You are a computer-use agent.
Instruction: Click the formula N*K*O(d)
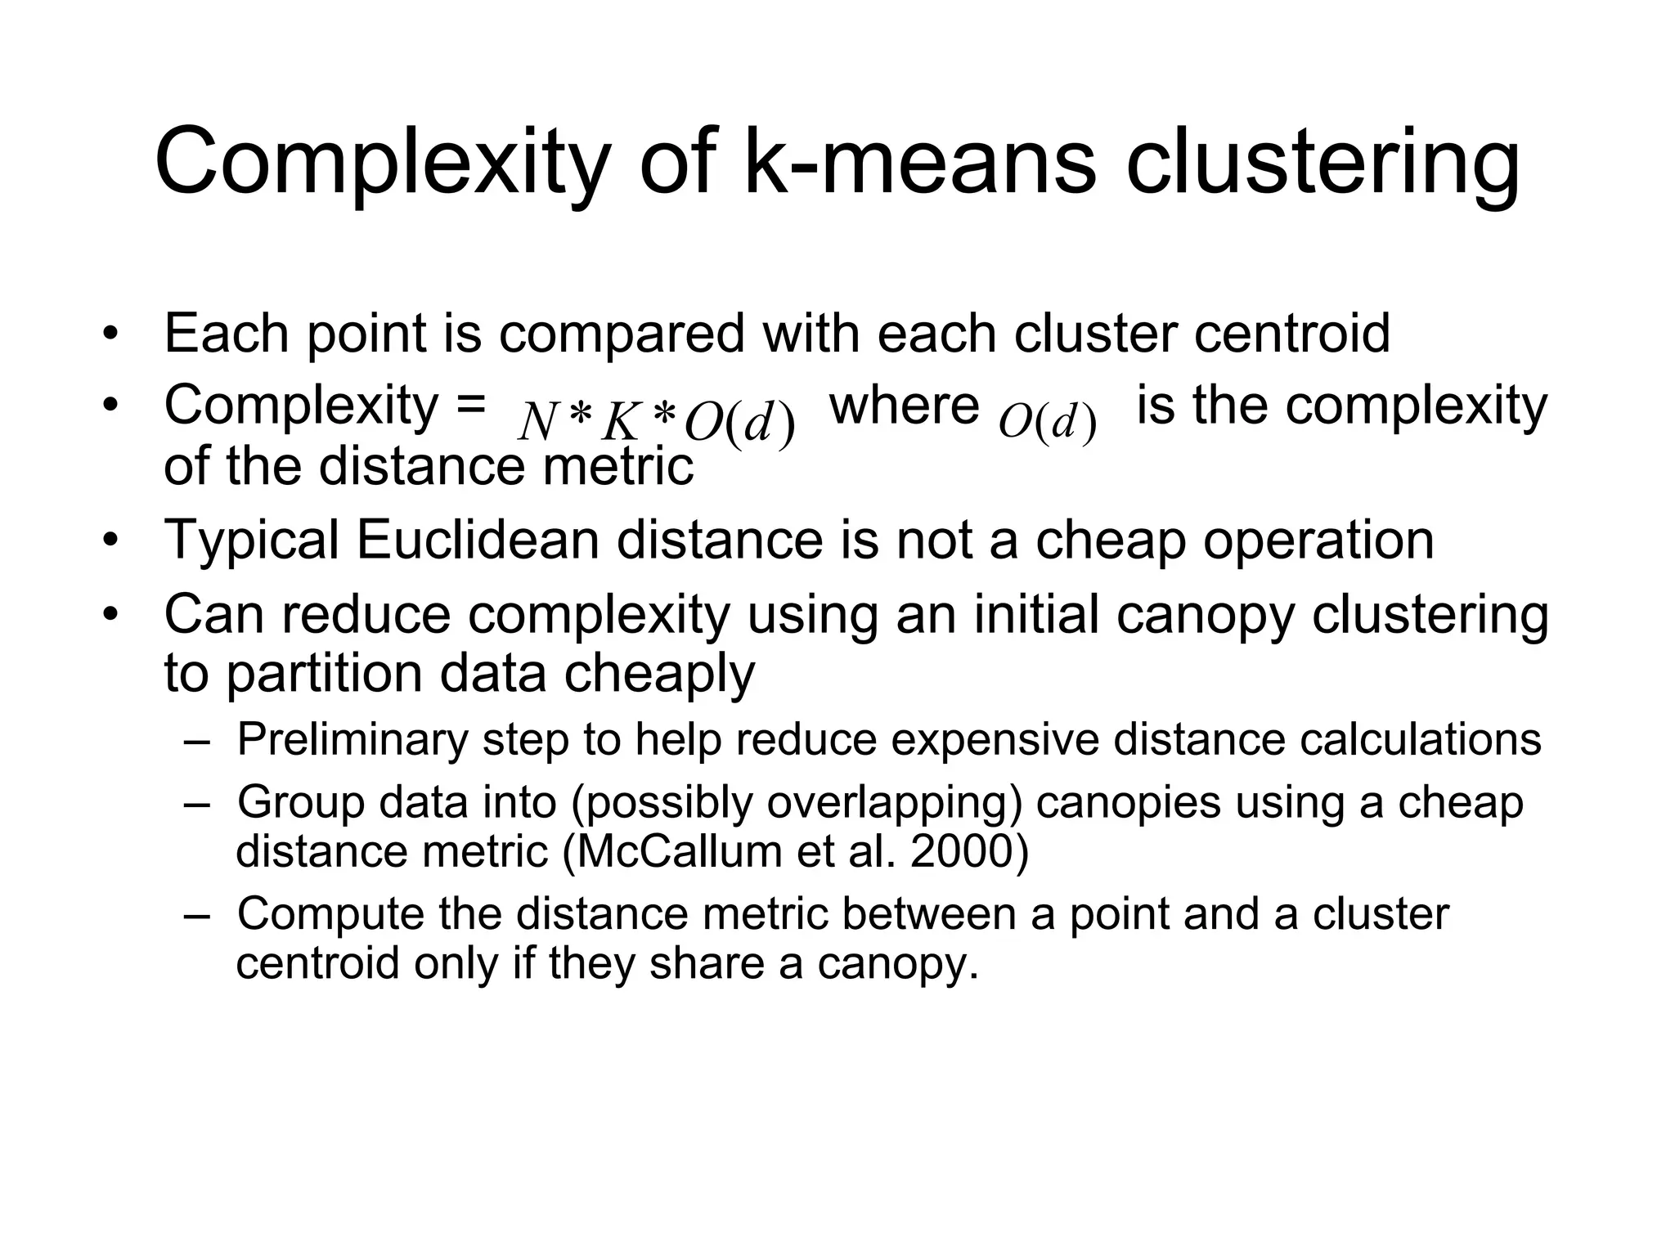pos(657,423)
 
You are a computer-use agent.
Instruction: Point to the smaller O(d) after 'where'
pos(1048,422)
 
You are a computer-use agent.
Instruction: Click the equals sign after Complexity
pos(471,406)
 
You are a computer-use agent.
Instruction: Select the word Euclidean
pos(478,540)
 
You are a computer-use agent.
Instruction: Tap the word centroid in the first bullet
pos(1291,333)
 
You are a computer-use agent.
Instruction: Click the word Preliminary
pos(353,739)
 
